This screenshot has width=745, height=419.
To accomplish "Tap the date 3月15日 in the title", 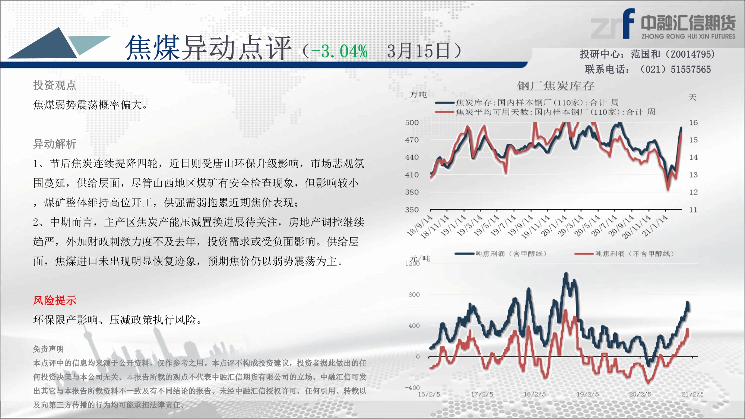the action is point(419,51).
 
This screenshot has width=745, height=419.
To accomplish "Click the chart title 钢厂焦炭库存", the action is point(555,86).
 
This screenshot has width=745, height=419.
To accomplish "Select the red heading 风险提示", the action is point(54,300).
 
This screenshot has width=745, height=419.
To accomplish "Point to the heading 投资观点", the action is point(54,85).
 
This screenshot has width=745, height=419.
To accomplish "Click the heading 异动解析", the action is point(54,144).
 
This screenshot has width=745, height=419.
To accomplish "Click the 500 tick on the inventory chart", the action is point(412,123).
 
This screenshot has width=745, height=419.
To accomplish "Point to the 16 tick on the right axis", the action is point(693,123).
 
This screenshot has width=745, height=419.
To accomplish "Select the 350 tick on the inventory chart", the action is point(412,210).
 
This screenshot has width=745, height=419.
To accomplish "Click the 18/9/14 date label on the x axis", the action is point(420,225).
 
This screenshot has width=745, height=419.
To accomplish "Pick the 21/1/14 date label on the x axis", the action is point(655,225).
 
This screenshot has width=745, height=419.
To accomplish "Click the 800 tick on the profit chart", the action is point(414,295).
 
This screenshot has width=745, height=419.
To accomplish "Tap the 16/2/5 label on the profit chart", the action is point(429,394).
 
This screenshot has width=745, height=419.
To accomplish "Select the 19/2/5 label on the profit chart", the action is point(588,394).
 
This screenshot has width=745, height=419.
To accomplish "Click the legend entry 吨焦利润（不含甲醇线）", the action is point(624,254).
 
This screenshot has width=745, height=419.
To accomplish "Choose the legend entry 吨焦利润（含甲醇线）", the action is point(501,254).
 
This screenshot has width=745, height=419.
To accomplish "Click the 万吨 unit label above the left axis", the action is point(418,95).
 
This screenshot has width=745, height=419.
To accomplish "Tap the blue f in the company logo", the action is point(628,23).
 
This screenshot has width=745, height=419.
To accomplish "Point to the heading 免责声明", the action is point(48,349).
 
